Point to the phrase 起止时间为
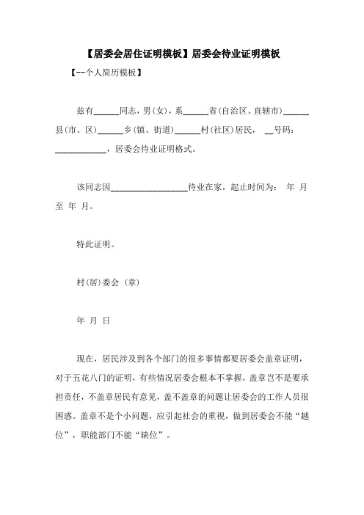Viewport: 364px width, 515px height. [x=249, y=188]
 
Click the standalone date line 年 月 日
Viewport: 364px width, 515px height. [x=93, y=321]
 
